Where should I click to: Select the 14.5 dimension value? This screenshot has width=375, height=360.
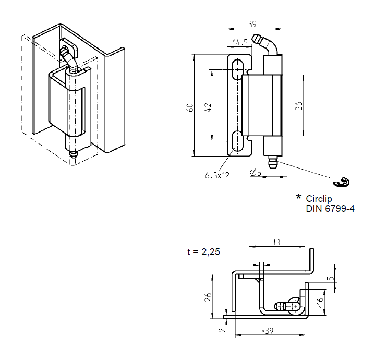239,42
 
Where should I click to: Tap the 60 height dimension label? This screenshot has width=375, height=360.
190,107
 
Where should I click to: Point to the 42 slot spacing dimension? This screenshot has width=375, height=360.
208,107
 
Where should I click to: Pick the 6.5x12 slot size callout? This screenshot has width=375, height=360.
217,175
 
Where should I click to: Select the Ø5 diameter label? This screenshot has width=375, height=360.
256,172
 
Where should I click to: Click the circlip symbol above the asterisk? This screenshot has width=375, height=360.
342,182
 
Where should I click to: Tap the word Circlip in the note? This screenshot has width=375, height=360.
319,199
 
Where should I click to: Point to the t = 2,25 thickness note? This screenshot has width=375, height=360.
203,251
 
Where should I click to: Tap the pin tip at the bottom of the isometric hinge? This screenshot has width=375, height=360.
73,154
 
